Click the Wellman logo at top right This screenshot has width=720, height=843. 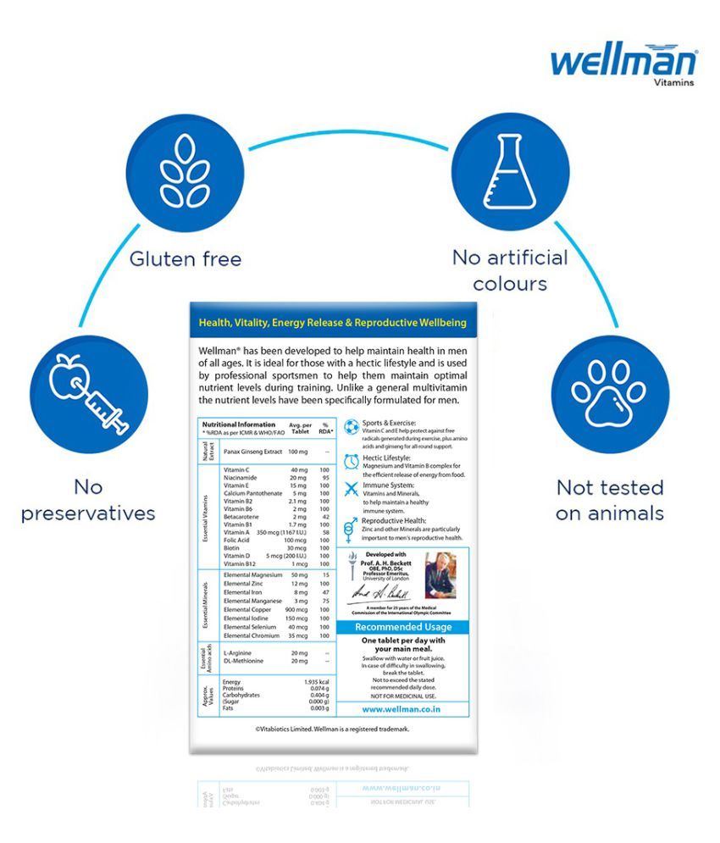click(623, 64)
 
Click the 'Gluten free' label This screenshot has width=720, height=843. click(185, 258)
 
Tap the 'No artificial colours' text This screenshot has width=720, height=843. click(510, 269)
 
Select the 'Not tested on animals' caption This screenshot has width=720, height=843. click(610, 500)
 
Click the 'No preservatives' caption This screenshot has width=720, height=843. click(88, 500)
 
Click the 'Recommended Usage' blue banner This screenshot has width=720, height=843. click(402, 627)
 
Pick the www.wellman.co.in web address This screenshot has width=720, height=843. click(402, 709)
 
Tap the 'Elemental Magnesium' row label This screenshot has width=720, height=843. click(253, 575)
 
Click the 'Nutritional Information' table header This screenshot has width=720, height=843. click(238, 424)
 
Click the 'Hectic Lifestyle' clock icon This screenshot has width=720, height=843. click(351, 462)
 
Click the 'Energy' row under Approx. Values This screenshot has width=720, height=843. click(230, 682)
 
